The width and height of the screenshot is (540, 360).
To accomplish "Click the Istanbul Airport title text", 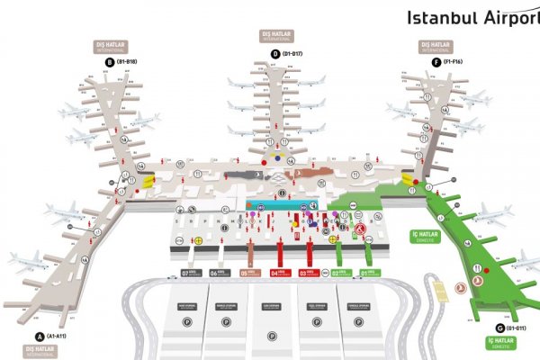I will point(472,16).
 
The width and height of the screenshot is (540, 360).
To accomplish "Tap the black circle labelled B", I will point(109,62).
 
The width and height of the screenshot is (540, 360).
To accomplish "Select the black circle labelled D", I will point(275,54).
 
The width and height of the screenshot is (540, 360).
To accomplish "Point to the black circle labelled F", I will point(437,62).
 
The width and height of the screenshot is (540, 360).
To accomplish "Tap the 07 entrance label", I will point(191,273).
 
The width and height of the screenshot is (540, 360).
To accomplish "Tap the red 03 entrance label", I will point(308,273).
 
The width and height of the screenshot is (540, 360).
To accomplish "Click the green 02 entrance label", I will point(338,273).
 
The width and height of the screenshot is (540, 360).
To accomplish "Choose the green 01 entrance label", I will point(368,273).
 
